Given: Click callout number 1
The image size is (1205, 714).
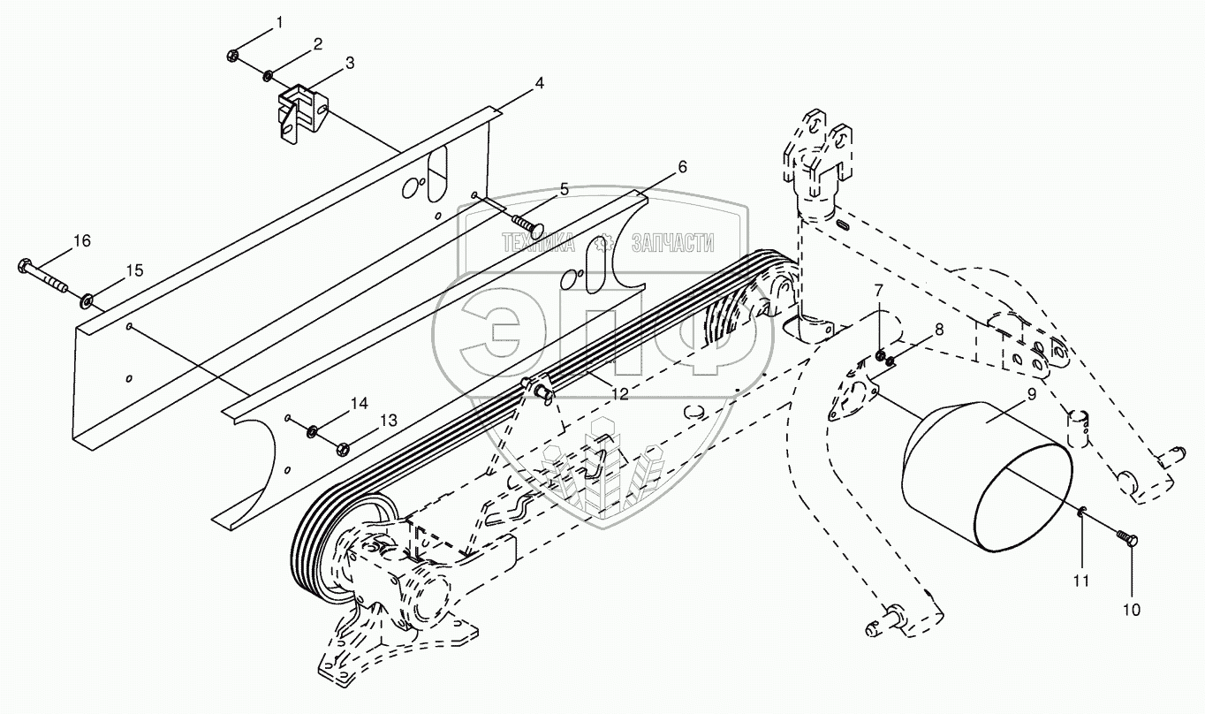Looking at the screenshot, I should (279, 22).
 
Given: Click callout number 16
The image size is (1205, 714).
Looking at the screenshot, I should (81, 240).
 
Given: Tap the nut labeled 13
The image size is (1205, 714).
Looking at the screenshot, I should (342, 448).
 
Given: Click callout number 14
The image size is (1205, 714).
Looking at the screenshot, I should (358, 403).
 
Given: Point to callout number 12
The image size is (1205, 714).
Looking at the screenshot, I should (620, 394).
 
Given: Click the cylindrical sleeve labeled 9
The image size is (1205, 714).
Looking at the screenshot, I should (985, 477).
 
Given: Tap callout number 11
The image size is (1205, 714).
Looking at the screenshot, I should (1081, 581).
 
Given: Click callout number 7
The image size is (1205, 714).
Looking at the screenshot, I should (879, 291).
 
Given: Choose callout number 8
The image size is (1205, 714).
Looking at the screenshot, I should (938, 329).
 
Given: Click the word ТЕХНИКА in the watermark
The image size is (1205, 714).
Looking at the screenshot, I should (538, 244).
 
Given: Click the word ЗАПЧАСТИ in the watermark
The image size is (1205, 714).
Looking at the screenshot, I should (672, 244).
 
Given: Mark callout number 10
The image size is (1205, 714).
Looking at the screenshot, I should (1132, 610).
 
